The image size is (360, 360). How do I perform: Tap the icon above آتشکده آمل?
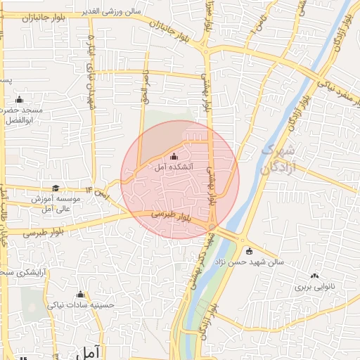tap(174, 157)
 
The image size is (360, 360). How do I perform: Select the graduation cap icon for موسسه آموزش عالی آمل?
tap(55, 188)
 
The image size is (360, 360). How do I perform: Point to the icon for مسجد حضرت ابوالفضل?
tap(19, 99)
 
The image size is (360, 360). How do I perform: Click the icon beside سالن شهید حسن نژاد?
tap(248, 250)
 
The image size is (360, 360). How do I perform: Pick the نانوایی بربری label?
tap(311, 287)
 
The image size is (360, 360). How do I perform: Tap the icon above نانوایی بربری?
tap(314, 276)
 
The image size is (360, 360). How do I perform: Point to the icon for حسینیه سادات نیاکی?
tap(79, 295)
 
